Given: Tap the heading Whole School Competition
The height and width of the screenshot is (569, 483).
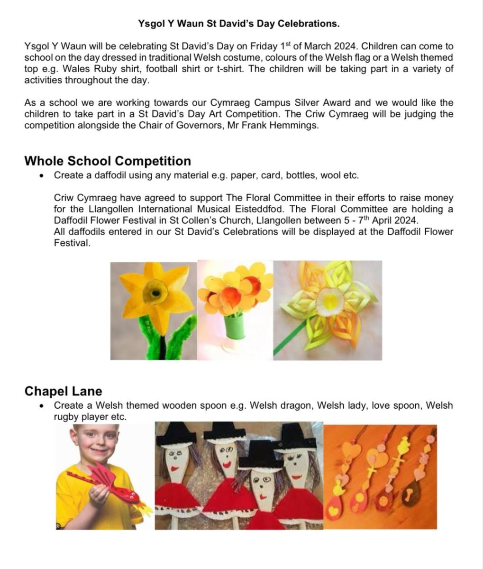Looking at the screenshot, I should (108, 161).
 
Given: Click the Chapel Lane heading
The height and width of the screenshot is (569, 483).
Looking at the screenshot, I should (63, 391).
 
